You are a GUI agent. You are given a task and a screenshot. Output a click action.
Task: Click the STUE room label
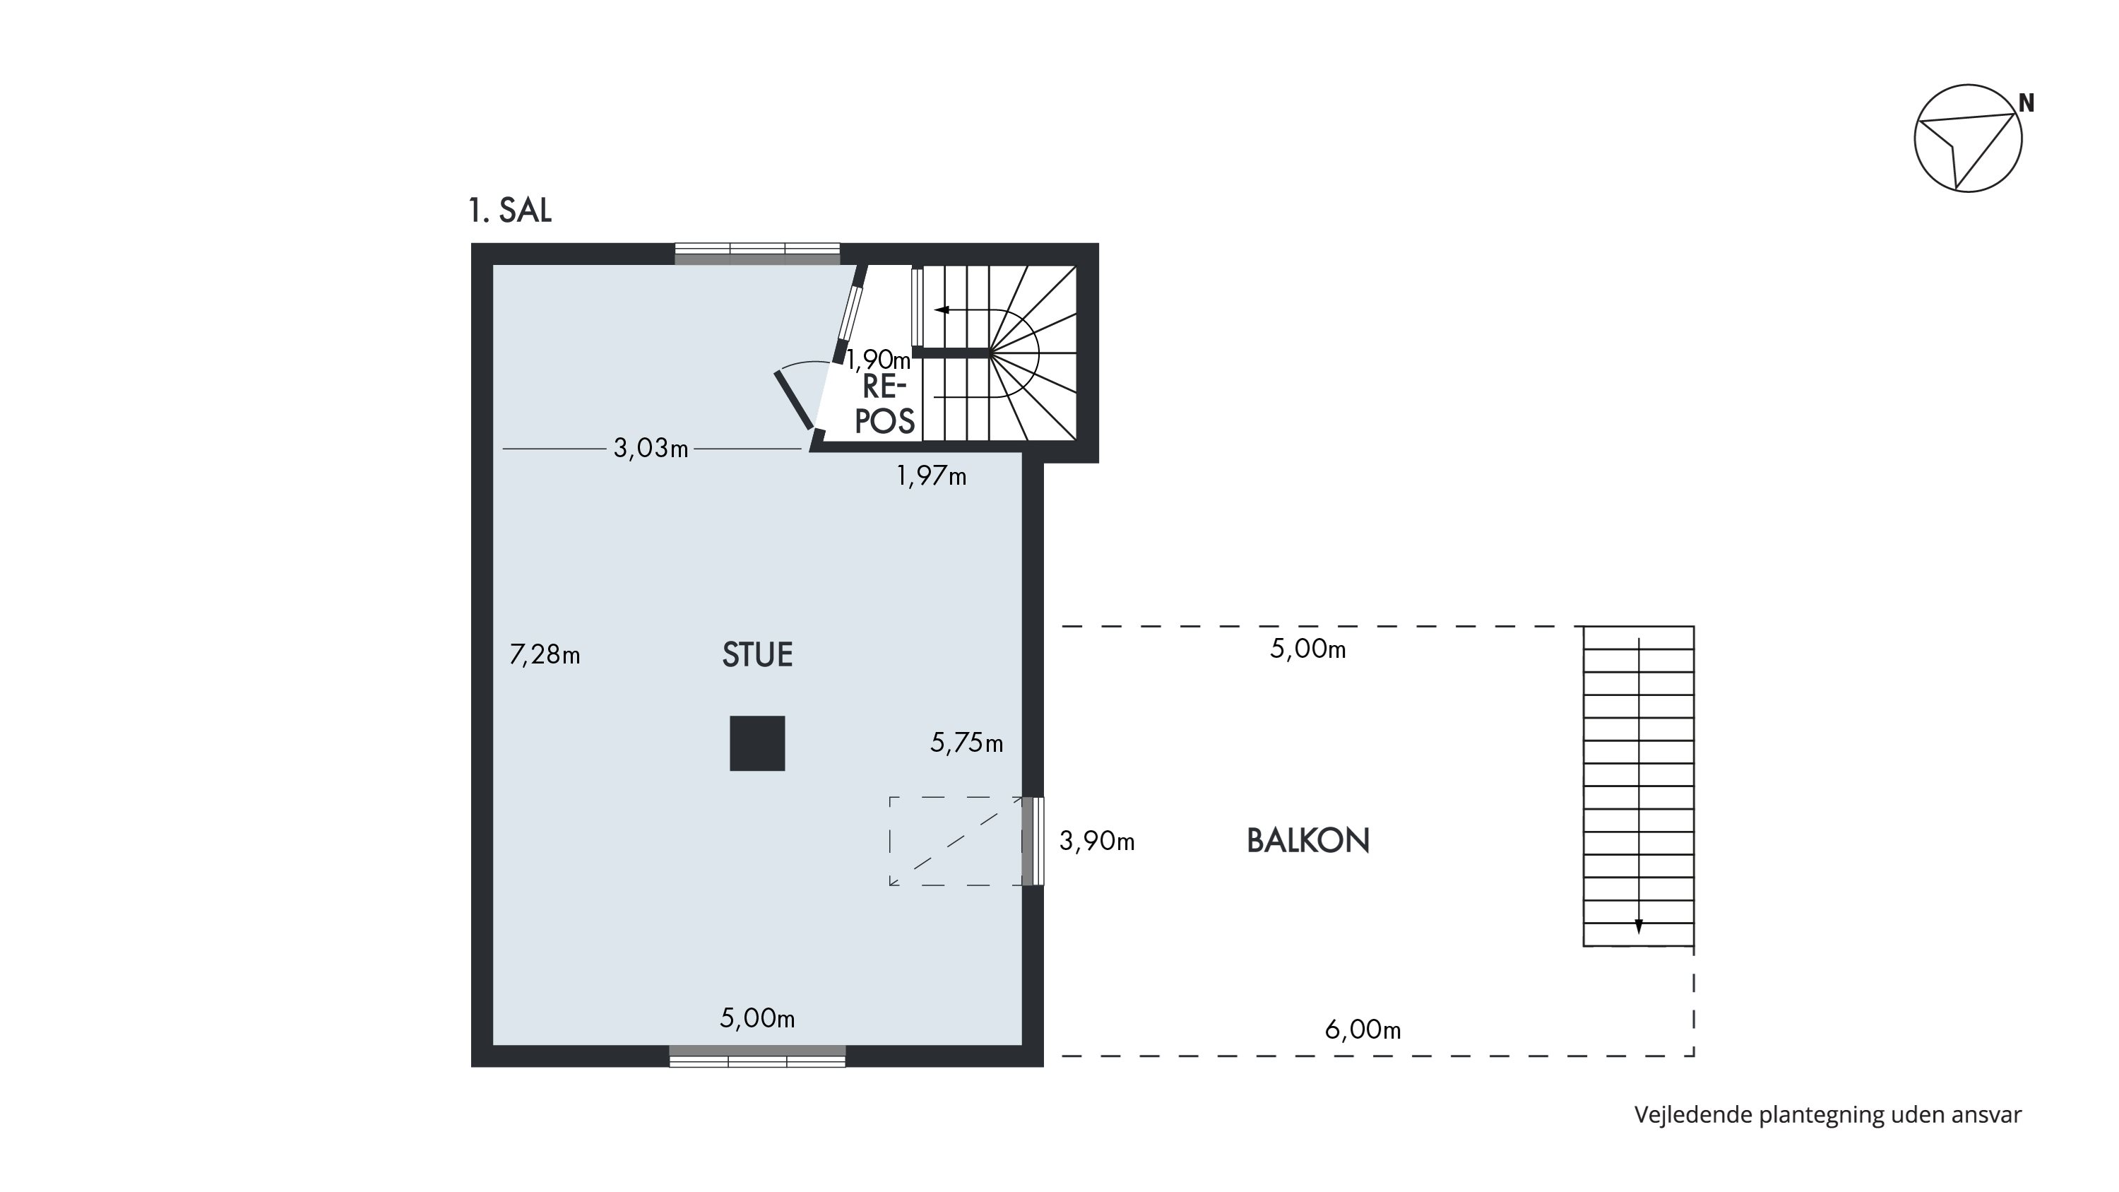pyautogui.click(x=756, y=655)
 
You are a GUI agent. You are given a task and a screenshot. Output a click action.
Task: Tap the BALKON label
pyautogui.click(x=1308, y=841)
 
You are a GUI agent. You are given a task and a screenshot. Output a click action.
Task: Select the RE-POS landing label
pyautogui.click(x=885, y=404)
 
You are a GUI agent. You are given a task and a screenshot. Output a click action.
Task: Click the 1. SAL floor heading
pyautogui.click(x=510, y=211)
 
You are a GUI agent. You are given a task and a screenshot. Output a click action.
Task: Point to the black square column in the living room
pyautogui.click(x=756, y=743)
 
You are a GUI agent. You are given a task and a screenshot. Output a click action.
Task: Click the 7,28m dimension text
pyautogui.click(x=545, y=655)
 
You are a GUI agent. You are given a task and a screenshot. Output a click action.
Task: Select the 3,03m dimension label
pyautogui.click(x=651, y=449)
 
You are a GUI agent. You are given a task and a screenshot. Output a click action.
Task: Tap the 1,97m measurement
pyautogui.click(x=931, y=476)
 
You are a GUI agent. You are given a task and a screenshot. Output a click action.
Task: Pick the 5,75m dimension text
pyautogui.click(x=966, y=743)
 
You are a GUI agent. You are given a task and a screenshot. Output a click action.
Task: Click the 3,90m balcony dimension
pyautogui.click(x=1096, y=841)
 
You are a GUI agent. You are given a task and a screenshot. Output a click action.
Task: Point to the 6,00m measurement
pyautogui.click(x=1363, y=1029)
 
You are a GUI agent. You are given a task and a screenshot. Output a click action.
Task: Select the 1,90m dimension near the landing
pyautogui.click(x=879, y=360)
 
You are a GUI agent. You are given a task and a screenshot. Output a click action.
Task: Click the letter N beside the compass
pyautogui.click(x=2026, y=104)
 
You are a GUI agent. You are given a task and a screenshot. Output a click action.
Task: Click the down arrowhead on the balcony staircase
pyautogui.click(x=1639, y=926)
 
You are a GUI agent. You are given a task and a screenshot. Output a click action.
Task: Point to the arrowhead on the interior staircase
pyautogui.click(x=942, y=310)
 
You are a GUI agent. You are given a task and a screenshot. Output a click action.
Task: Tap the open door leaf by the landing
pyautogui.click(x=794, y=400)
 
